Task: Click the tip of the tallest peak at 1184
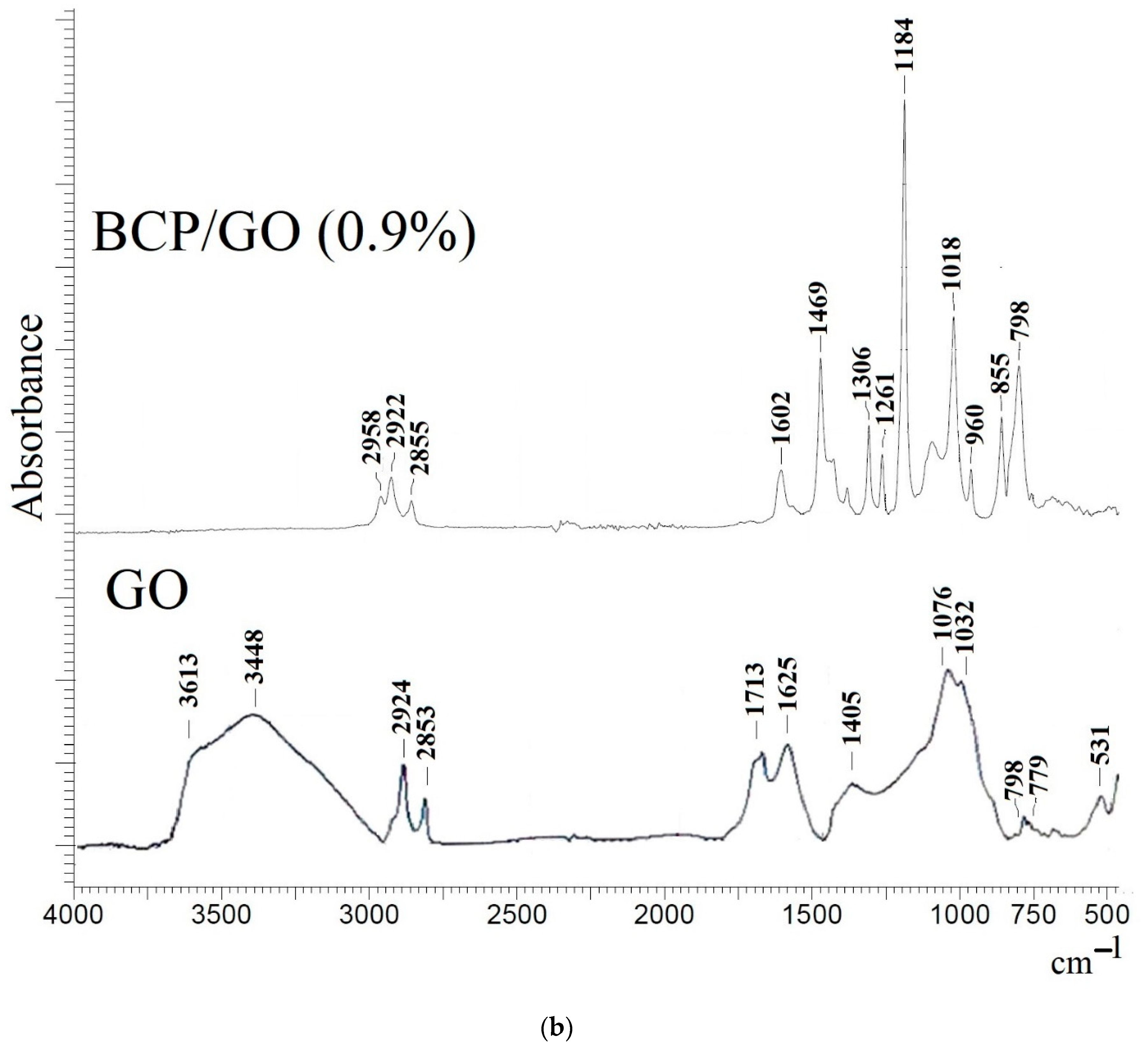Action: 904,101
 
